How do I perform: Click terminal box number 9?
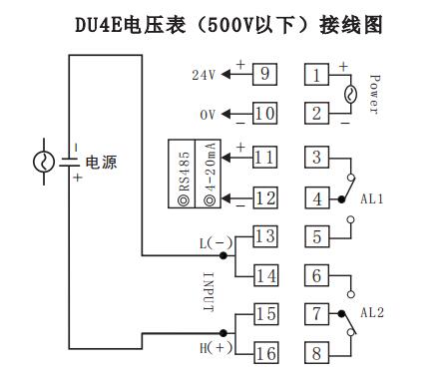264,75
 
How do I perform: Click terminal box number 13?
264,236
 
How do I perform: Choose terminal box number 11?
264,157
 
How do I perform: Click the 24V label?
204,75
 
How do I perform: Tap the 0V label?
208,115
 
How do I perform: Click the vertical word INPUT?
209,292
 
